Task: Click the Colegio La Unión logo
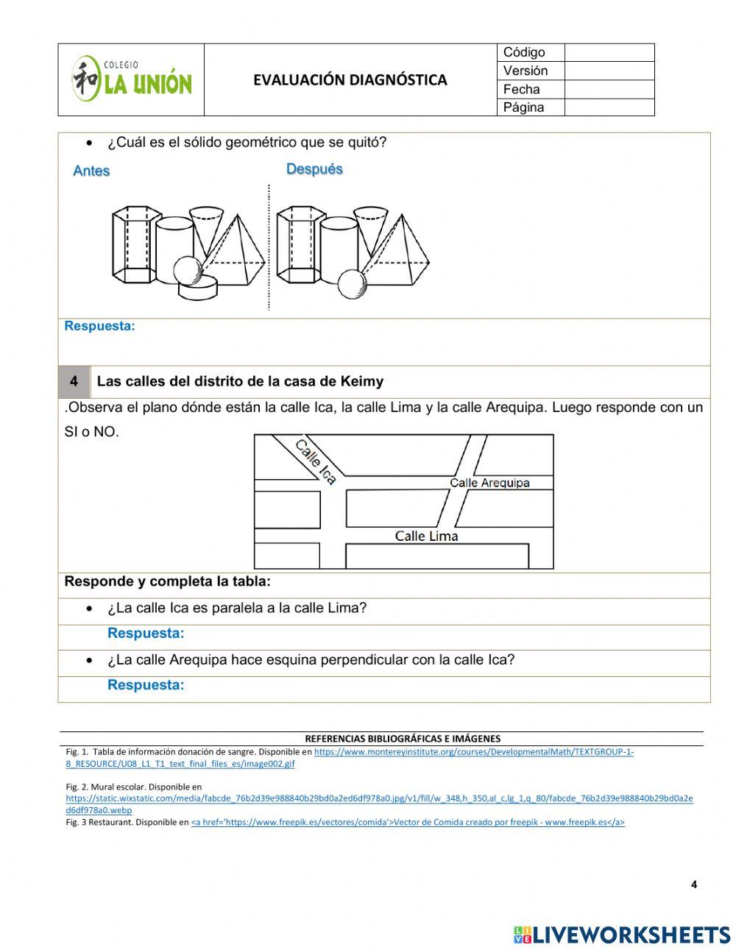131,79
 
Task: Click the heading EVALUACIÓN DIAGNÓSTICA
350,80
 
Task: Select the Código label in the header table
524,52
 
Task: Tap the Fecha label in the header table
521,89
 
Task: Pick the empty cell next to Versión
609,71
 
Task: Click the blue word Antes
91,171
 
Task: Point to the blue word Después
314,169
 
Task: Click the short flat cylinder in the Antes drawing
198,288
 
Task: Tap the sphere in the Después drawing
352,283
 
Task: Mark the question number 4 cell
74,381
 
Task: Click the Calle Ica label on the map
316,462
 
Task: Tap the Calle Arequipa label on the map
489,483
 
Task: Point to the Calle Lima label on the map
426,536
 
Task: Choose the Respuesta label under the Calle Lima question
146,633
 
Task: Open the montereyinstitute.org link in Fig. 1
473,752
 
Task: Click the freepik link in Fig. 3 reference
408,823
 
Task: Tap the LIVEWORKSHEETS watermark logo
621,935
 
